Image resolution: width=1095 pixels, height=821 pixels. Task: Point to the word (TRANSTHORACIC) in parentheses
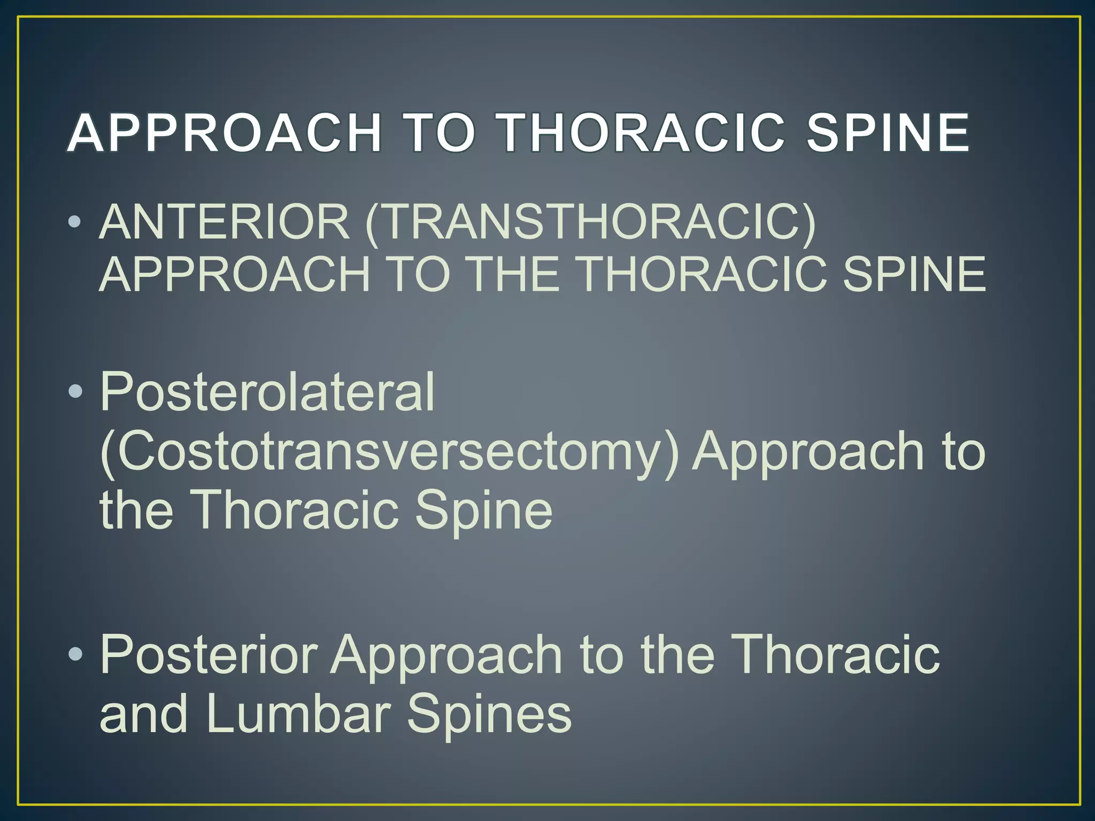click(x=591, y=223)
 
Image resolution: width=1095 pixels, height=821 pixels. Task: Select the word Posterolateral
click(x=267, y=393)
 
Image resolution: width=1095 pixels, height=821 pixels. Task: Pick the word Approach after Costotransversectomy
click(x=807, y=452)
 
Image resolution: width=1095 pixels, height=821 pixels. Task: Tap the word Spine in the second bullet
click(x=483, y=510)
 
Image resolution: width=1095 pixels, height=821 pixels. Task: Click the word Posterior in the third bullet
click(x=209, y=655)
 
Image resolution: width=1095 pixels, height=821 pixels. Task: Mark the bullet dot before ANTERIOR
click(x=75, y=222)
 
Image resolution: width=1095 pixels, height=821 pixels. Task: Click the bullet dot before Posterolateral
click(x=75, y=392)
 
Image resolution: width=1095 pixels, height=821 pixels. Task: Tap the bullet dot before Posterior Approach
click(x=75, y=654)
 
